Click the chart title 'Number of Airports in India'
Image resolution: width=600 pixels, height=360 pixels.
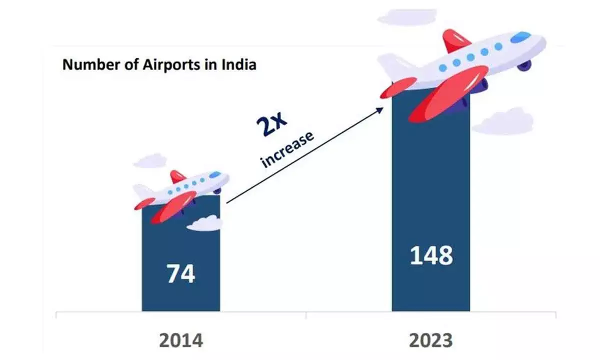(x=159, y=65)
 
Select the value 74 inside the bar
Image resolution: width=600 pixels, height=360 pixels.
(x=181, y=274)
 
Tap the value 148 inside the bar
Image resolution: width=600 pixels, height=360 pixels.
(x=431, y=255)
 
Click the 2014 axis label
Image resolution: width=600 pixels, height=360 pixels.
(x=181, y=340)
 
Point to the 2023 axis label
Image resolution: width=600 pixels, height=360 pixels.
(x=431, y=340)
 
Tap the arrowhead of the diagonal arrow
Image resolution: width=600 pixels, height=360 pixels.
(x=381, y=108)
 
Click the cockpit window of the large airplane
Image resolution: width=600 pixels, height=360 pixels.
(x=521, y=37)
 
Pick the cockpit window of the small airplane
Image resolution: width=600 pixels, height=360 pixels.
(x=215, y=174)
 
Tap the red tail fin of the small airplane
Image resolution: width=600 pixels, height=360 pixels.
(x=177, y=176)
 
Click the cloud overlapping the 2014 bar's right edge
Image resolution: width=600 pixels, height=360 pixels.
(x=205, y=223)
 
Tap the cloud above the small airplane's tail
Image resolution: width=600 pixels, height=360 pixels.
(x=149, y=161)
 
